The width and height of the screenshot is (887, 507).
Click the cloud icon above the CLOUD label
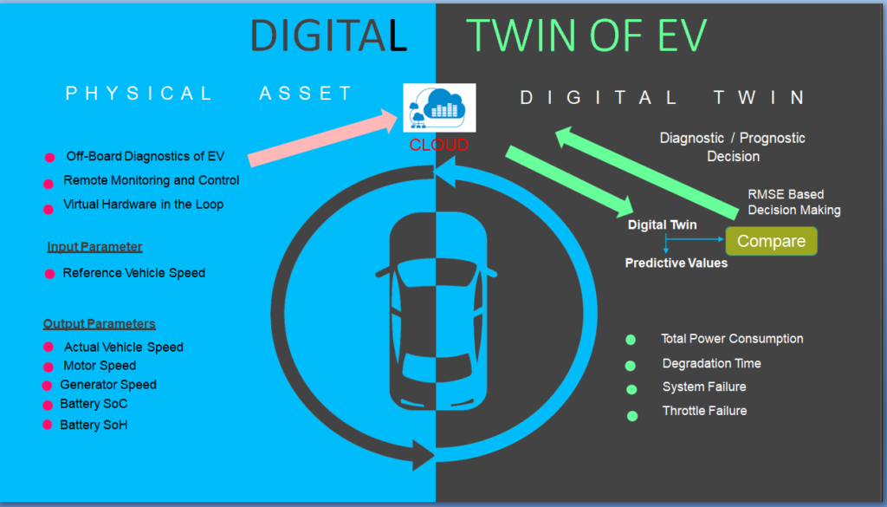pyautogui.click(x=439, y=107)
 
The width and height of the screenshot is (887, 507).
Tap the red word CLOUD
pyautogui.click(x=439, y=145)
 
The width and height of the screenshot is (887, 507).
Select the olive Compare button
pyautogui.click(x=771, y=241)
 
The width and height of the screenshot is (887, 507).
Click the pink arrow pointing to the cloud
pyautogui.click(x=323, y=138)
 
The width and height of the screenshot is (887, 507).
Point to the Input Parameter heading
pyautogui.click(x=94, y=247)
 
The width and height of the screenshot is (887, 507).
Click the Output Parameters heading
pyautogui.click(x=99, y=323)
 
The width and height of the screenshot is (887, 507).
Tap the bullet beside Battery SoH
pyautogui.click(x=48, y=425)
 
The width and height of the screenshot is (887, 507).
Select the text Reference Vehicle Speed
pyautogui.click(x=134, y=273)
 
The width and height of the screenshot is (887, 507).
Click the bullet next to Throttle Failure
pyautogui.click(x=632, y=416)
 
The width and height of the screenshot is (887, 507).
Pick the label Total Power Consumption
pyautogui.click(x=732, y=338)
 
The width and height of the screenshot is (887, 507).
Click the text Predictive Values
pyautogui.click(x=676, y=263)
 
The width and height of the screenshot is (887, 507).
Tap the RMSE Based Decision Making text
pyautogui.click(x=794, y=202)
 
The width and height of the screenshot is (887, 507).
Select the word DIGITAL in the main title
pyautogui.click(x=328, y=35)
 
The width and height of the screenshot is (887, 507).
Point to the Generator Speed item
pyautogui.click(x=108, y=385)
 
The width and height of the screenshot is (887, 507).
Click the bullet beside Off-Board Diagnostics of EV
pyautogui.click(x=49, y=158)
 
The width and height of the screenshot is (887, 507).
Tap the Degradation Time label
pyautogui.click(x=712, y=363)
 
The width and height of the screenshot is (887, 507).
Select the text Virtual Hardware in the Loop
pyautogui.click(x=143, y=205)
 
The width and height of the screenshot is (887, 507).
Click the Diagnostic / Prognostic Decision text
pyautogui.click(x=733, y=147)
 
